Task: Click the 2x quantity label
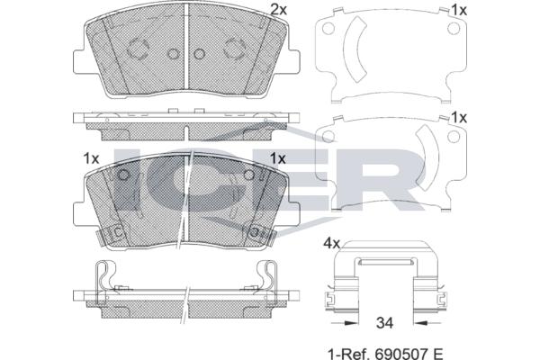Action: coord(278,10)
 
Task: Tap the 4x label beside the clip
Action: coord(331,244)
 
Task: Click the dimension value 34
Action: coord(384,323)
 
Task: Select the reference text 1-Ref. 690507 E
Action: coord(385,354)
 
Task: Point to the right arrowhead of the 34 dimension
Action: coord(420,323)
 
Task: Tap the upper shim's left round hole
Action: coord(328,28)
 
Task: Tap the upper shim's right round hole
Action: coord(454,28)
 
